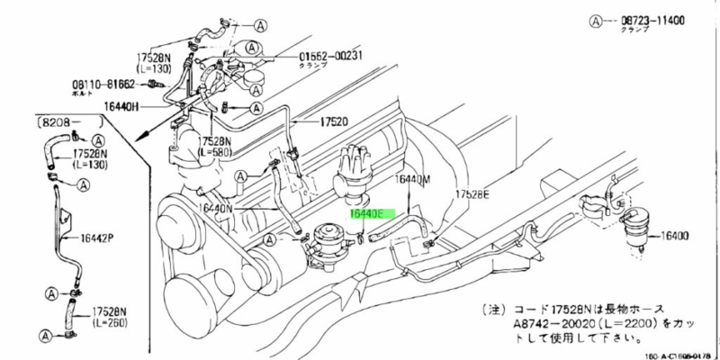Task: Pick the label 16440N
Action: pyautogui.click(x=218, y=209)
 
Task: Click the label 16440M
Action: pyautogui.click(x=414, y=180)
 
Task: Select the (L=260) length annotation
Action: pyautogui.click(x=110, y=321)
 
